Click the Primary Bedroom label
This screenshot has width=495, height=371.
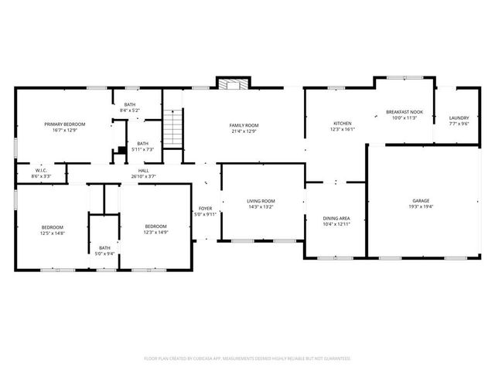pos(64,124)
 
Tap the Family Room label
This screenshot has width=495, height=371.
pos(244,125)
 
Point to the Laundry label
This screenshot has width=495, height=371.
pos(459,117)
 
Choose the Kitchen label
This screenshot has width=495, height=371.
pos(342,124)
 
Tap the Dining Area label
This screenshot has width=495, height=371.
pos(336,219)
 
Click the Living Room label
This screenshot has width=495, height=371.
pos(261,201)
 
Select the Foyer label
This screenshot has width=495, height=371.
pos(205,209)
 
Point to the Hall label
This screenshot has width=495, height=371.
pos(143,171)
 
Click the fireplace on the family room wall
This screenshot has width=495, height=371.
pos(230,83)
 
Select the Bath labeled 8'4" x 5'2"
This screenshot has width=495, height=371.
pos(130,105)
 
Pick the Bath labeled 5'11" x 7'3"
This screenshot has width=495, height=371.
pos(142,143)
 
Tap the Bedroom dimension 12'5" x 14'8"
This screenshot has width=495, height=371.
pos(53,233)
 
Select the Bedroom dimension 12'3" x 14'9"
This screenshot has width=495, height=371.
pos(156,233)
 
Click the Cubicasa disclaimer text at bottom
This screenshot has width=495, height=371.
pos(247,358)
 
